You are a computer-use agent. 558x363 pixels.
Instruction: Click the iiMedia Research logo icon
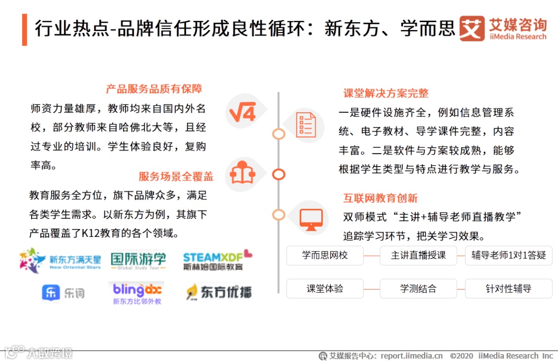(472, 28)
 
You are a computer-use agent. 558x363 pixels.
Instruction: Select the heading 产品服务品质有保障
(154, 89)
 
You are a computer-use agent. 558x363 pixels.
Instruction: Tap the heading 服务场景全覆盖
(176, 176)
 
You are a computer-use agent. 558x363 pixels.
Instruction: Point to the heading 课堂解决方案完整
(386, 93)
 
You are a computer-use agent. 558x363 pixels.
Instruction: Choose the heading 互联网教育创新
(380, 198)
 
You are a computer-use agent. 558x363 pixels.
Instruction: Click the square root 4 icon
(243, 112)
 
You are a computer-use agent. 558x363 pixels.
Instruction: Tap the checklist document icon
(306, 125)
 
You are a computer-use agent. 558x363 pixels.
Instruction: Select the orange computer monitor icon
(311, 219)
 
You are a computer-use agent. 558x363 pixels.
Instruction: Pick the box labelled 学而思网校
(325, 255)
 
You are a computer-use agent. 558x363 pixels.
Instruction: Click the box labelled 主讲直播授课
(418, 255)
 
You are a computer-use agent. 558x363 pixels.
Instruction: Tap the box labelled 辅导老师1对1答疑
(508, 255)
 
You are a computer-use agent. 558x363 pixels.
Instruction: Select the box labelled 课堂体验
(325, 289)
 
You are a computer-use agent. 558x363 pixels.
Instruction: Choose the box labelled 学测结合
(418, 289)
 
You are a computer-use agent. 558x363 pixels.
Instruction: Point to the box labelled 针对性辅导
(508, 289)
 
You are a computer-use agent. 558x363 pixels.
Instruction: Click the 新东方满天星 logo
(60, 260)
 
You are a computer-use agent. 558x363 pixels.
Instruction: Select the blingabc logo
(137, 293)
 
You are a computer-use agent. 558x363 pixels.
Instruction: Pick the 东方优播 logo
(219, 292)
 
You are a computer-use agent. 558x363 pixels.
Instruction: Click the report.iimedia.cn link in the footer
(412, 356)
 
